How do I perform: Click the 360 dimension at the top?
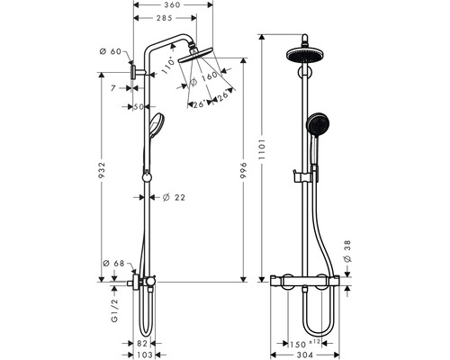[x=173, y=4]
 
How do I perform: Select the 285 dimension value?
[x=165, y=18]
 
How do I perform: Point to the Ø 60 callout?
[x=111, y=51]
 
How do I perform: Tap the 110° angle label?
[x=167, y=66]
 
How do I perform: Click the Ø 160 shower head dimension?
[x=204, y=78]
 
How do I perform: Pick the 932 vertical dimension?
[x=103, y=171]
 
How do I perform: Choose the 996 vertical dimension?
[x=243, y=171]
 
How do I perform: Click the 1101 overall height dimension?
[x=262, y=149]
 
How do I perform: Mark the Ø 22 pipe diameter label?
[x=174, y=197]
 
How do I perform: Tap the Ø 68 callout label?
[x=113, y=264]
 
